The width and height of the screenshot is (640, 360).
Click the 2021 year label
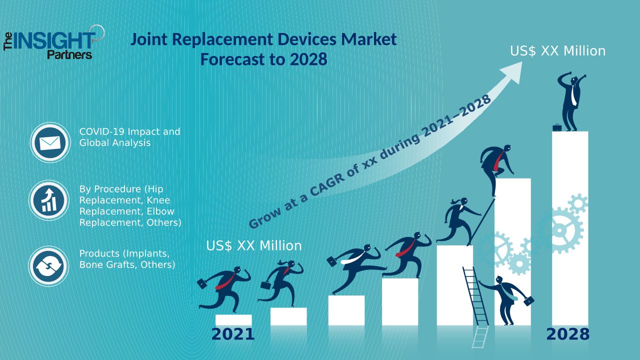(233, 334)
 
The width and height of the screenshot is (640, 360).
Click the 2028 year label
(567, 334)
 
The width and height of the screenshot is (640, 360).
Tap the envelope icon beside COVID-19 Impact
(49, 143)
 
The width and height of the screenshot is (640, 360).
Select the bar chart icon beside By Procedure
(49, 201)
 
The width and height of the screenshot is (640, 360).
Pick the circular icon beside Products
(48, 266)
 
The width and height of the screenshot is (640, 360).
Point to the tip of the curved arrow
(521, 64)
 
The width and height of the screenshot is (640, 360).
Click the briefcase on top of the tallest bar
(557, 127)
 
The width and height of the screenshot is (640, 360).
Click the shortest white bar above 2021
(233, 320)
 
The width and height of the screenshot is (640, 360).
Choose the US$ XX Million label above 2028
(557, 51)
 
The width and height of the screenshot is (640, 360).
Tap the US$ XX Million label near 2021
(254, 246)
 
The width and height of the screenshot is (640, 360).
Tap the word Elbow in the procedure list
(160, 211)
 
